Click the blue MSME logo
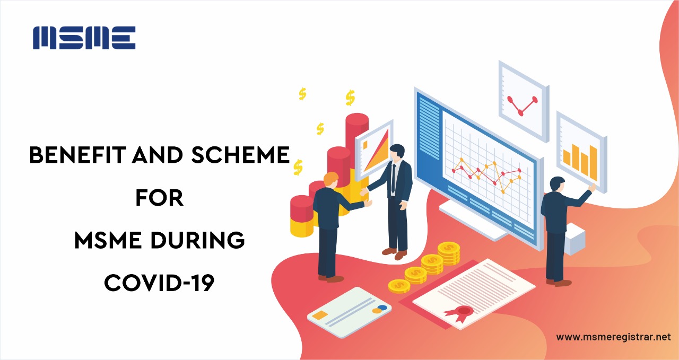point(84,38)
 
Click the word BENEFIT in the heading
point(77,155)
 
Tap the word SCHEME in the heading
point(240,155)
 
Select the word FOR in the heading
point(160,198)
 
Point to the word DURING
point(197,240)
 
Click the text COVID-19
point(160,283)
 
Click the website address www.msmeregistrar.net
point(614,337)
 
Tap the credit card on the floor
point(349,312)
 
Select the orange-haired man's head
point(331,181)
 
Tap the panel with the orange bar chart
point(581,152)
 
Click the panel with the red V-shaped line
point(524,101)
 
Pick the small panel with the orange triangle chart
point(375,150)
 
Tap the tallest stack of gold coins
point(449,253)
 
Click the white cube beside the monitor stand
point(574,239)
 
